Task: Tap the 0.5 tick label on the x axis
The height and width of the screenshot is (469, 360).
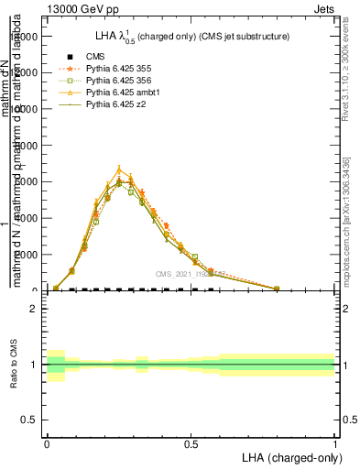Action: (191, 442)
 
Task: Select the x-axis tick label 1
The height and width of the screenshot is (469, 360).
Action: (334, 442)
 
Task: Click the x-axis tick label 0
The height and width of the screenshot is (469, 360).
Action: (47, 442)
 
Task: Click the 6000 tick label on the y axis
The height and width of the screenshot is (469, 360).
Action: (27, 181)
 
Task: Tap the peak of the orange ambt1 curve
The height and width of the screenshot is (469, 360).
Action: (119, 168)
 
